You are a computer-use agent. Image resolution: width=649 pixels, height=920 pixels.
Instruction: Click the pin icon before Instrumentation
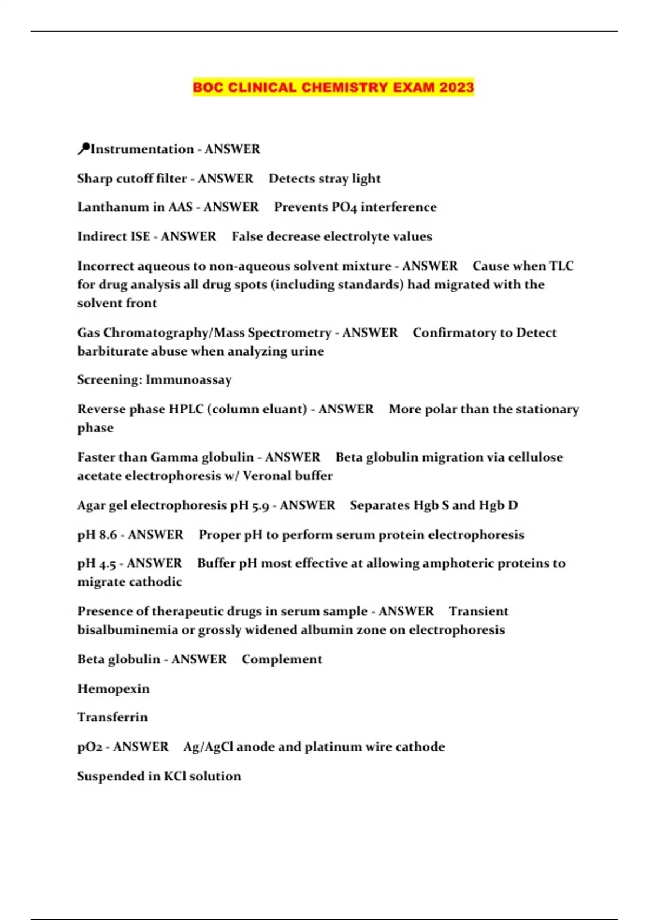83,149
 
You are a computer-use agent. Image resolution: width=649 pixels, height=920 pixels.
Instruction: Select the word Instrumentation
142,149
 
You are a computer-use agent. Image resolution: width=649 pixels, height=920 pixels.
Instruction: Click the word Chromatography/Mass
173,332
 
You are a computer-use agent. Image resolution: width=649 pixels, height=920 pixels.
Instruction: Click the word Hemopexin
114,688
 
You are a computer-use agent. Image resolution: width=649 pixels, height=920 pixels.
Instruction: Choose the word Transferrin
112,717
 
